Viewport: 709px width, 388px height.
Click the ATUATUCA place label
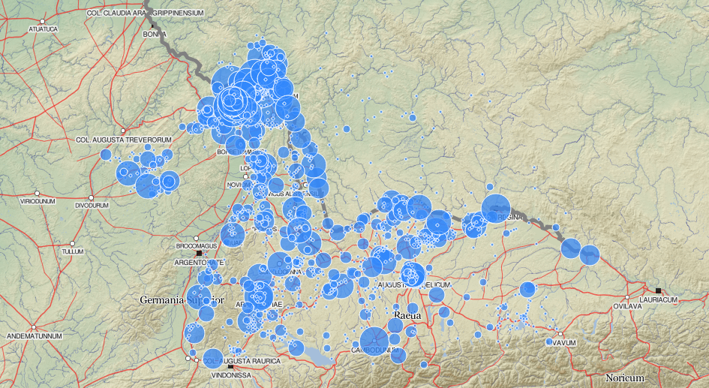(x=42, y=29)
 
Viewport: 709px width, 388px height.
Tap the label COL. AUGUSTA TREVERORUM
(x=125, y=140)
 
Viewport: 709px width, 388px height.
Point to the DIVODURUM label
(x=92, y=204)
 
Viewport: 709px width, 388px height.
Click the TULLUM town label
(x=71, y=252)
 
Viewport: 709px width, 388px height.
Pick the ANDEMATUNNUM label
(x=34, y=336)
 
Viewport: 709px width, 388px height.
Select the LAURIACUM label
(x=659, y=299)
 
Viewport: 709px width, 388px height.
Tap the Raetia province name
(x=405, y=316)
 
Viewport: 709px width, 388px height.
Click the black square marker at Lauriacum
(x=658, y=290)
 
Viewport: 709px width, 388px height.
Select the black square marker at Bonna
(x=153, y=26)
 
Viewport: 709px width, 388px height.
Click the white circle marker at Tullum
(x=72, y=243)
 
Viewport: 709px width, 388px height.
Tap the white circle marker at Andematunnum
(x=34, y=327)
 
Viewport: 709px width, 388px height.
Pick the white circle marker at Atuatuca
(x=43, y=21)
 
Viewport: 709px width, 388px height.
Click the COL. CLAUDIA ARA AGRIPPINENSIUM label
(x=146, y=13)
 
